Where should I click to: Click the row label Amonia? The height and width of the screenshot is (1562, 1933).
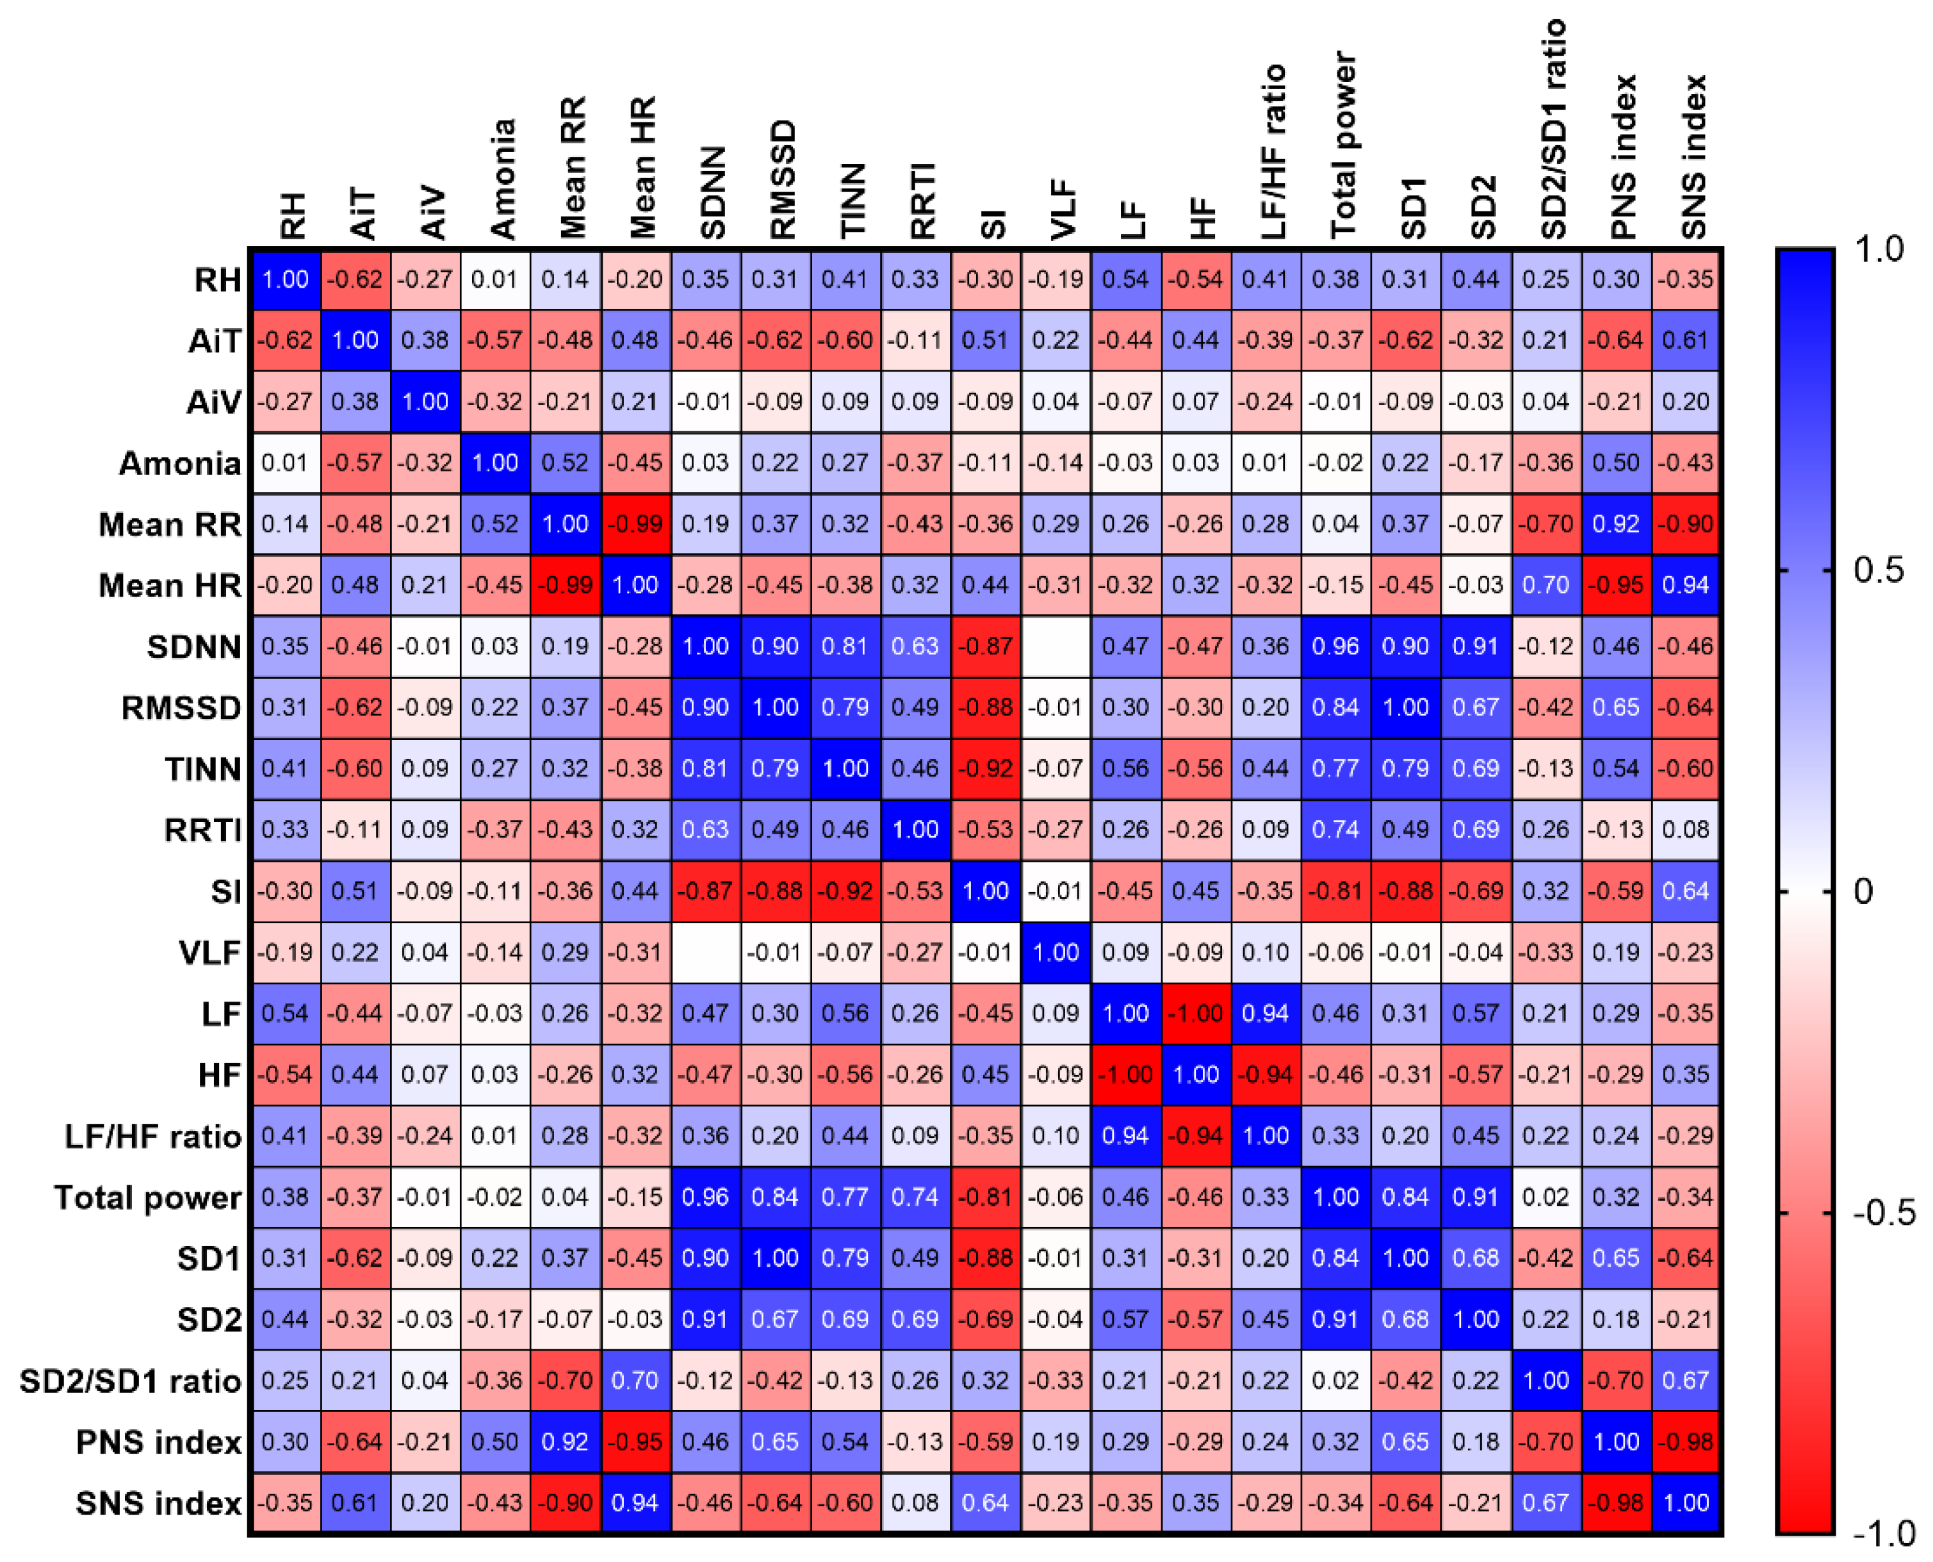pyautogui.click(x=180, y=463)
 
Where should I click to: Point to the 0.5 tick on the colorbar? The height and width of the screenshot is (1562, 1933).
pyautogui.click(x=1827, y=570)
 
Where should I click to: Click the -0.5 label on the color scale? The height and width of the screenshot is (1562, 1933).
pyautogui.click(x=1884, y=1213)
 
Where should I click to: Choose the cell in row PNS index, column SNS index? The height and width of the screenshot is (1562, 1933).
pyautogui.click(x=1686, y=1442)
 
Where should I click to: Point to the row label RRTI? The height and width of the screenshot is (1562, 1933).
pyautogui.click(x=203, y=830)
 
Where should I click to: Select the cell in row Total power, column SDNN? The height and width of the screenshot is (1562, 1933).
pyautogui.click(x=705, y=1197)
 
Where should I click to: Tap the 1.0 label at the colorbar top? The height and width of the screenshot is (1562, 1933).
pyautogui.click(x=1880, y=249)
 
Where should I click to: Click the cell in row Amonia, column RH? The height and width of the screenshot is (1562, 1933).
pyautogui.click(x=285, y=463)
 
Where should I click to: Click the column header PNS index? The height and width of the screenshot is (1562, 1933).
pyautogui.click(x=1622, y=158)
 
